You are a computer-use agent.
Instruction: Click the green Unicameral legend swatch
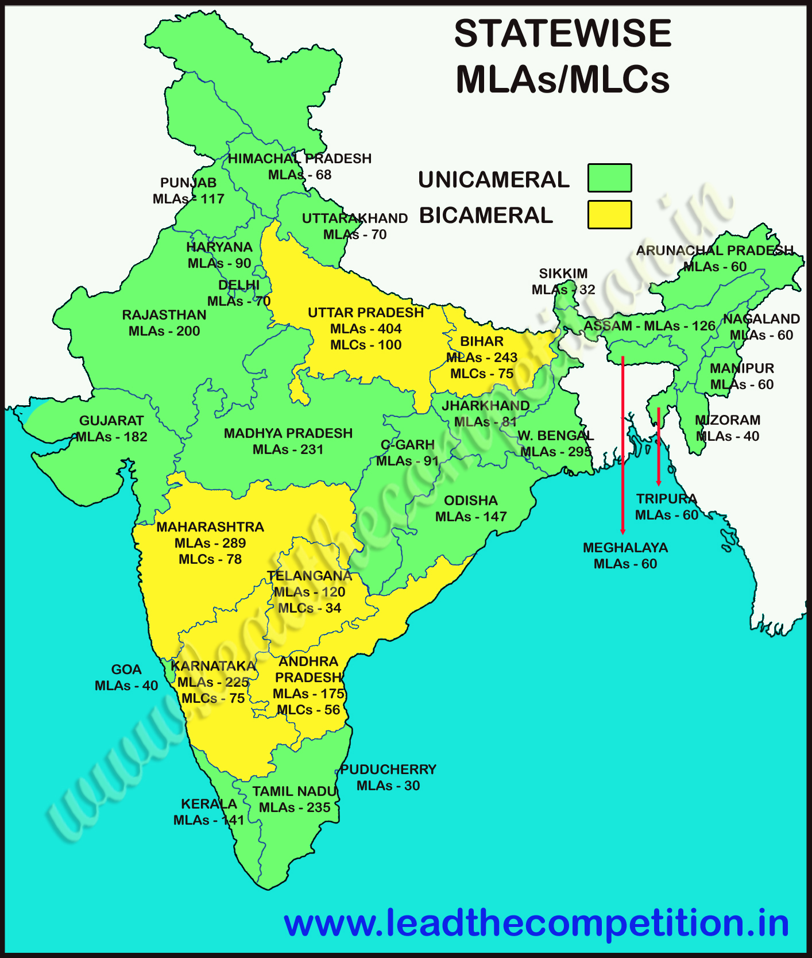[x=609, y=178]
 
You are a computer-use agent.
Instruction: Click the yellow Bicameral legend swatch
[x=609, y=214]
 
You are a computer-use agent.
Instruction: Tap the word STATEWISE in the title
[x=562, y=33]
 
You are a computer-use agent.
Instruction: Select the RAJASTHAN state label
[x=164, y=315]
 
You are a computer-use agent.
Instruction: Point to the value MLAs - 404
[x=366, y=329]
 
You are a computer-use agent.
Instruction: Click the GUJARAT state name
[x=111, y=421]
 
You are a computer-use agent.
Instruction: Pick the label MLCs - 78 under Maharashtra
[x=210, y=559]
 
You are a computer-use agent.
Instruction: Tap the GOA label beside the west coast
[x=126, y=670]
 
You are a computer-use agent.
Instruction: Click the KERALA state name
[x=209, y=804]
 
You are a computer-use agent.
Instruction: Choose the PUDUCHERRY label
[x=388, y=770]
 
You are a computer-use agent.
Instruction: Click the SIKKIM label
[x=563, y=274]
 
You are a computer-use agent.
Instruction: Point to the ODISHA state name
[x=471, y=501]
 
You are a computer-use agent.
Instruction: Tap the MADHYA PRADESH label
[x=288, y=433]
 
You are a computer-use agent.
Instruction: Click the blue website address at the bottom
[x=536, y=924]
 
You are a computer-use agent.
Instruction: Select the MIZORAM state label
[x=728, y=420]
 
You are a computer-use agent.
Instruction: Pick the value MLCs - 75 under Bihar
[x=482, y=374]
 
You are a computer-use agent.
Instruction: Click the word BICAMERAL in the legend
[x=486, y=216]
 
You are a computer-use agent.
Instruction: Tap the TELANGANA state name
[x=310, y=576]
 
